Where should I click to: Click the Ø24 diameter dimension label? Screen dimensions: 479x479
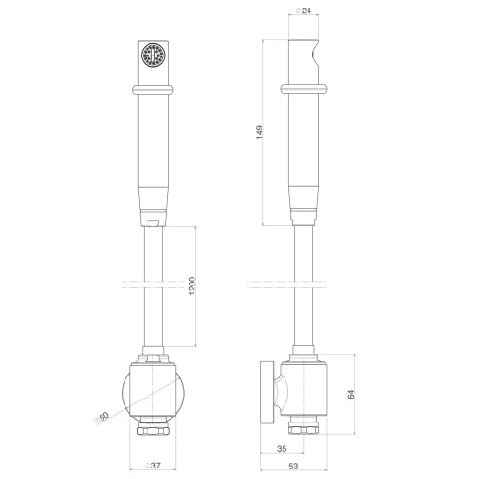[304, 11]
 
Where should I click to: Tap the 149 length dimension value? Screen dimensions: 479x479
[260, 132]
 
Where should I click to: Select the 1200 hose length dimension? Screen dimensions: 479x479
[192, 286]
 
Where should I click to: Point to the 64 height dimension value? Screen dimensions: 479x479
[351, 394]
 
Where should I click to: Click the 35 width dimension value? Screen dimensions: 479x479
[282, 449]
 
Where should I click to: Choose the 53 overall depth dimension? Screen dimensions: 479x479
[293, 466]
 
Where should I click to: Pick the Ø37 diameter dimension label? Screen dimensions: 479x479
[152, 466]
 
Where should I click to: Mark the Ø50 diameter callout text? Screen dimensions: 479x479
[102, 417]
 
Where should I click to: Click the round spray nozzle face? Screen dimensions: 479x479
[153, 56]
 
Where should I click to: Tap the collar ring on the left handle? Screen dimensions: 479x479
[153, 89]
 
